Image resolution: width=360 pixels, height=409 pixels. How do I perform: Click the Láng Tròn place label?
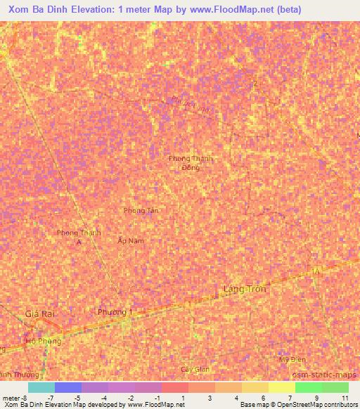pyautogui.click(x=245, y=289)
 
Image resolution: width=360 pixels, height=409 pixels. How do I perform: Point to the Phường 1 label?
pyautogui.click(x=115, y=312)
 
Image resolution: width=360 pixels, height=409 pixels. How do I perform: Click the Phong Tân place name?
pyautogui.click(x=141, y=211)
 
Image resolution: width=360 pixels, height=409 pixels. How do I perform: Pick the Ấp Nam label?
pyautogui.click(x=131, y=240)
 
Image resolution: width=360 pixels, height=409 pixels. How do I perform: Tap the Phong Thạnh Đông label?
pyautogui.click(x=191, y=163)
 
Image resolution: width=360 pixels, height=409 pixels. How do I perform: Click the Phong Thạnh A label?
pyautogui.click(x=79, y=237)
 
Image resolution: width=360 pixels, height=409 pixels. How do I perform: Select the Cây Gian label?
pyautogui.click(x=195, y=369)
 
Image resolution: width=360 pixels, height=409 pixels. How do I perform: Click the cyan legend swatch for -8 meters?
pyautogui.click(x=41, y=387)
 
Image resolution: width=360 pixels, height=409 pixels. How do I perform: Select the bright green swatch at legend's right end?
pyautogui.click(x=335, y=387)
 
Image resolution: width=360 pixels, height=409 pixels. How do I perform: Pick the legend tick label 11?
pyautogui.click(x=345, y=398)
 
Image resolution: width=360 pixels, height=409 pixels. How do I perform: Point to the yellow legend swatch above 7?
pyautogui.click(x=282, y=387)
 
